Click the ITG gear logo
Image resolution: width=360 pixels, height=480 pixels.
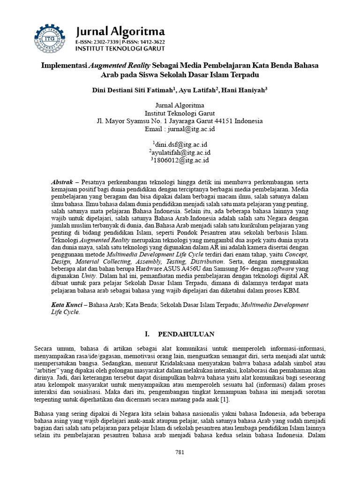click(x=49, y=38)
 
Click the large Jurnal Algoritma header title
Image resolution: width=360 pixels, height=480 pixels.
click(x=120, y=32)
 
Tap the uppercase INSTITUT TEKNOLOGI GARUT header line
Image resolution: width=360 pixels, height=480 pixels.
click(x=120, y=48)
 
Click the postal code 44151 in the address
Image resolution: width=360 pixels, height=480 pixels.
click(x=223, y=121)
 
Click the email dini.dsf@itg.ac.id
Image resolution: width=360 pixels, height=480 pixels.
click(x=181, y=145)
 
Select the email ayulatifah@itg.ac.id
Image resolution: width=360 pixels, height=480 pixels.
click(x=181, y=153)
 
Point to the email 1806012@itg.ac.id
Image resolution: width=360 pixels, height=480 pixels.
click(x=181, y=160)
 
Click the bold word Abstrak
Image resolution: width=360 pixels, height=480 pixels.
click(x=61, y=182)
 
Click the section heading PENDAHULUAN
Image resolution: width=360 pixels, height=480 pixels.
click(x=186, y=334)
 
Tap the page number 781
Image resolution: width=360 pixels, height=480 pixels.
click(x=180, y=452)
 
